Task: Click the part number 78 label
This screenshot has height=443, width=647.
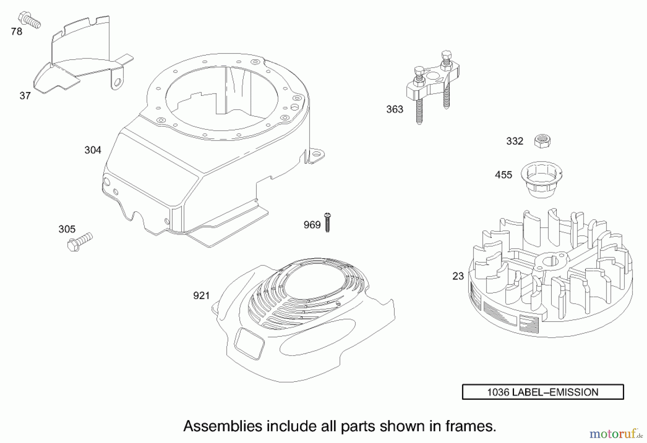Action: point(17,32)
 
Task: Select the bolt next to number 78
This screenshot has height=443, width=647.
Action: point(30,19)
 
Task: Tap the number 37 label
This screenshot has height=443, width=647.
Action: point(25,96)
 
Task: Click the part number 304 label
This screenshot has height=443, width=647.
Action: point(93,150)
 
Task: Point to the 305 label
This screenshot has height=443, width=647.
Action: point(67,229)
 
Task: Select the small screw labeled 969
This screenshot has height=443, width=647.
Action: point(327,222)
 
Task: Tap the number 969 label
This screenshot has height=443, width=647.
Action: point(312,225)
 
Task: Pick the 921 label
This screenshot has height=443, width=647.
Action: point(201,296)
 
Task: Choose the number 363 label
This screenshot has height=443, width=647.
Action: point(395,109)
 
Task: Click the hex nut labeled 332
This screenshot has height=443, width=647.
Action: point(542,140)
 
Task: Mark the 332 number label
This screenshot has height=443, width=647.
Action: point(514,141)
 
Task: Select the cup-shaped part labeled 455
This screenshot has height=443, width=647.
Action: point(542,179)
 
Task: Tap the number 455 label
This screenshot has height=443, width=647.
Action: point(503,175)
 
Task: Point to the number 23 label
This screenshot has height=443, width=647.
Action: point(458,276)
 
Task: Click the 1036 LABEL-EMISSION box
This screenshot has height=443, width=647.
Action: point(542,392)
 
